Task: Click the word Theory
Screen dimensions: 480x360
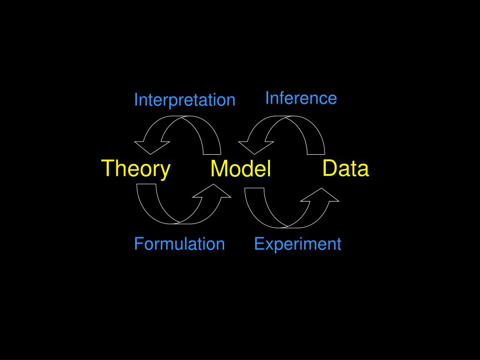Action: pyautogui.click(x=136, y=168)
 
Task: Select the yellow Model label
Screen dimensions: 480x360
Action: pyautogui.click(x=241, y=169)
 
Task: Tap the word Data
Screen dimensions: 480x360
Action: pyautogui.click(x=346, y=168)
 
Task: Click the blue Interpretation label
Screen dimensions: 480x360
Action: pyautogui.click(x=184, y=100)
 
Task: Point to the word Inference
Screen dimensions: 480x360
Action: pyautogui.click(x=301, y=98)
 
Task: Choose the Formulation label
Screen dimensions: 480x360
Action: pyautogui.click(x=179, y=244)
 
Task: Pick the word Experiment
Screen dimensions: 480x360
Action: pyautogui.click(x=298, y=244)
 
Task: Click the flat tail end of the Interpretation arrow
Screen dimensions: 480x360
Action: pyautogui.click(x=211, y=153)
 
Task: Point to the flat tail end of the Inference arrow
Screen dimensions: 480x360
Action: pyautogui.click(x=315, y=153)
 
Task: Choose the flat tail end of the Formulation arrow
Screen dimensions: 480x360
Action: pyautogui.click(x=146, y=185)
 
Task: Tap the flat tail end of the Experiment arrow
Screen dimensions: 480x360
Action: pyautogui.click(x=255, y=189)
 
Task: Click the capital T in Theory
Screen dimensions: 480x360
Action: pyautogui.click(x=109, y=168)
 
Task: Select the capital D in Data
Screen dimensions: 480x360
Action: pyautogui.click(x=330, y=168)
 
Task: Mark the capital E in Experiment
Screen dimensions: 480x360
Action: pyautogui.click(x=258, y=244)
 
